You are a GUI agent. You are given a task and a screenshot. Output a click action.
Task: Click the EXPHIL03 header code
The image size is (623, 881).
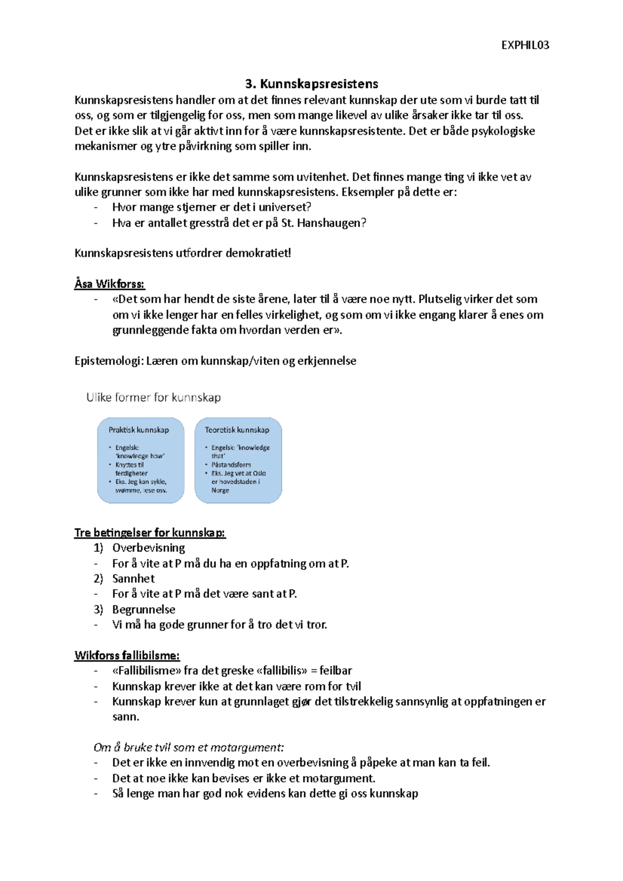[525, 45]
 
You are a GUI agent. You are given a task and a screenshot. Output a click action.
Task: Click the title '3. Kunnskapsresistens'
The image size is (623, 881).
[311, 84]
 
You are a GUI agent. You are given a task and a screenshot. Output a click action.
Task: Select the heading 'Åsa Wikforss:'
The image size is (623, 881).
[110, 284]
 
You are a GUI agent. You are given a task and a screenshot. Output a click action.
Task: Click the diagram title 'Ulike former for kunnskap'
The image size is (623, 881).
[154, 397]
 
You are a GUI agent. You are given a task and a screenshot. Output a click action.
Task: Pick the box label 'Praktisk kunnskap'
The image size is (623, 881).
[139, 430]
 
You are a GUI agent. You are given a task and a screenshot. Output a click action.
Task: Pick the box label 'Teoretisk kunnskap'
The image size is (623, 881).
[237, 430]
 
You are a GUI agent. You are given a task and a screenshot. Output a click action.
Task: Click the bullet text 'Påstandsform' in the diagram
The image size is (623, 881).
[231, 465]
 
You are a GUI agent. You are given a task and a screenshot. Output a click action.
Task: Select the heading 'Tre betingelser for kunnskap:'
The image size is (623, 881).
[150, 532]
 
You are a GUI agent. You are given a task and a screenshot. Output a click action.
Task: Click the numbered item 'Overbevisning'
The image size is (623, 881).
[148, 548]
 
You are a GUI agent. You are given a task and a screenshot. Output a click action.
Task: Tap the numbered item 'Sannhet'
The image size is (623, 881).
[133, 579]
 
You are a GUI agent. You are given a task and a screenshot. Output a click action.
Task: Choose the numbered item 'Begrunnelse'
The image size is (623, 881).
[144, 609]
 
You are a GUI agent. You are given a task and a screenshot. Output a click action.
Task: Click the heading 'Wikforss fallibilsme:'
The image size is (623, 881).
[127, 655]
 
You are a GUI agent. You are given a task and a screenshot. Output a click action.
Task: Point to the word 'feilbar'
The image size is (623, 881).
[335, 670]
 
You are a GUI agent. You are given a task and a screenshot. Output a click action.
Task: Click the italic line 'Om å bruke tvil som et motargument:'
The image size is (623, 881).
[189, 747]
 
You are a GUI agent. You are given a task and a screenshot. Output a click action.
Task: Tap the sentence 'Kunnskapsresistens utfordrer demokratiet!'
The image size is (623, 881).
[183, 253]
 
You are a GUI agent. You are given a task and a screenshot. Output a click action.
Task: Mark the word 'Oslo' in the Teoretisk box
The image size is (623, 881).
[260, 473]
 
